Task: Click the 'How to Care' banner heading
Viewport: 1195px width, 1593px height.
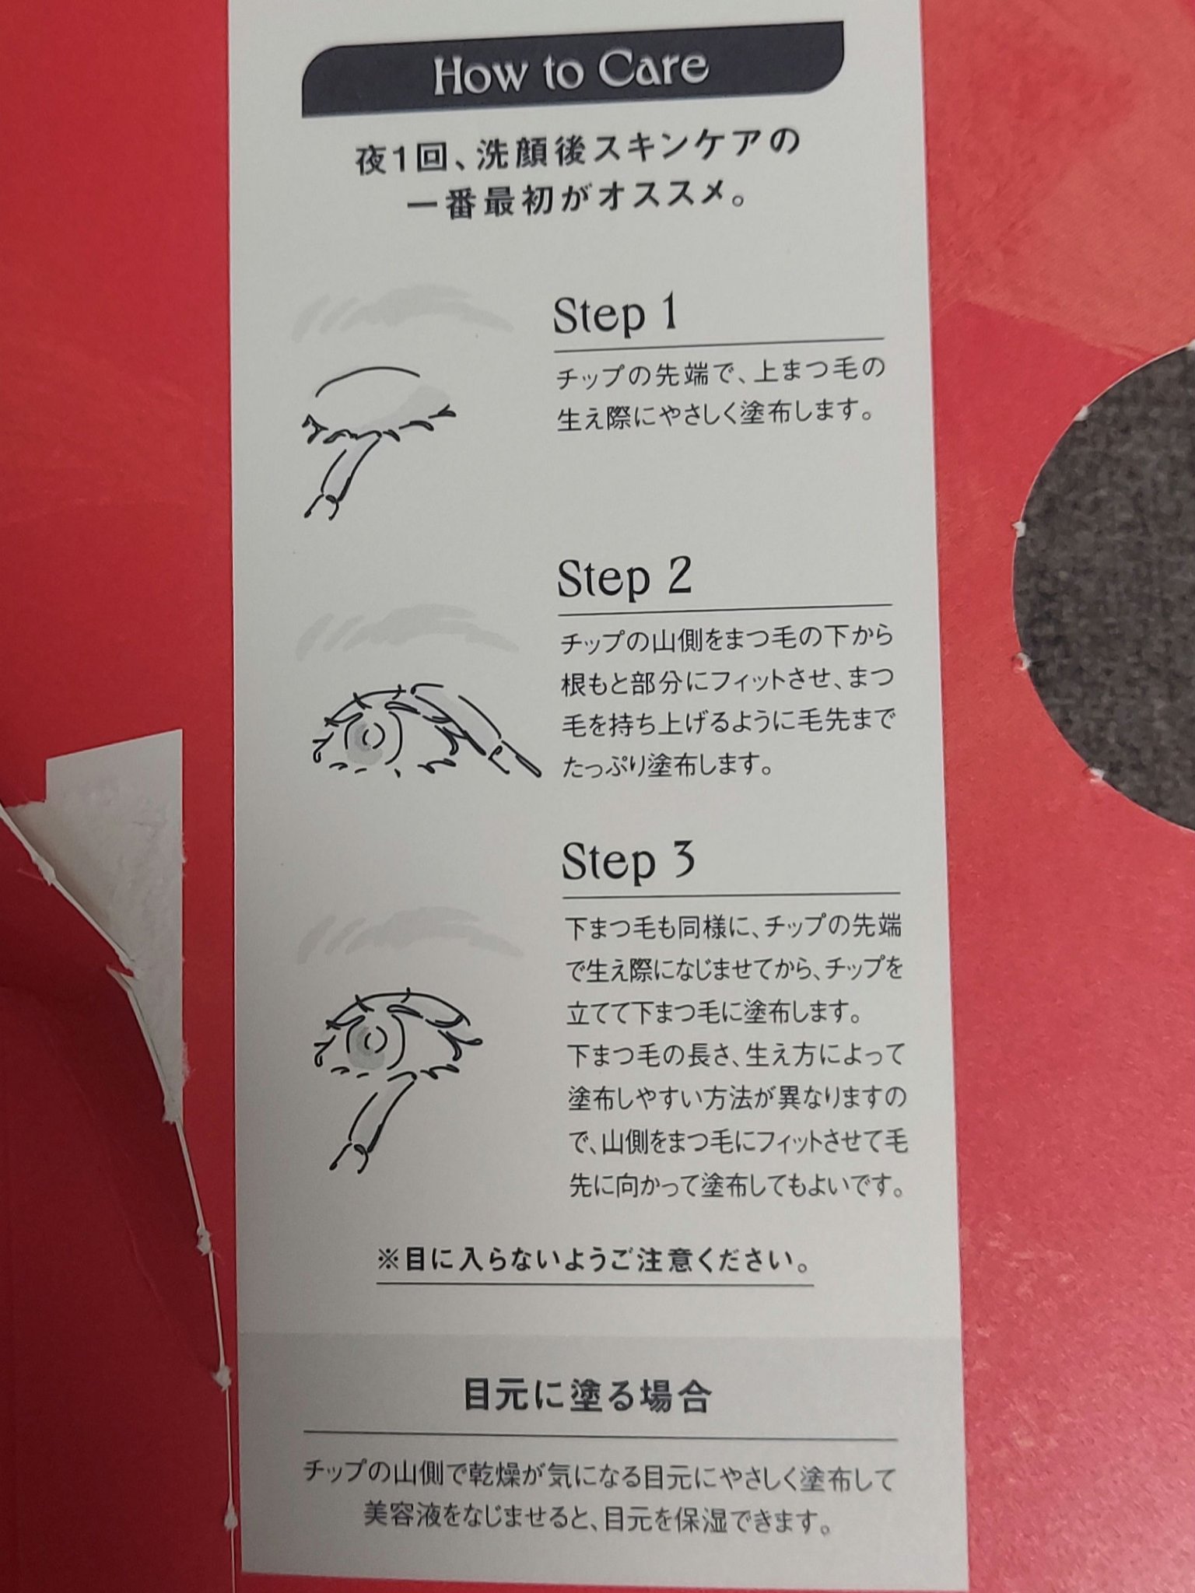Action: click(570, 72)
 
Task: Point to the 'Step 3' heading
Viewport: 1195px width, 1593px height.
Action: click(627, 862)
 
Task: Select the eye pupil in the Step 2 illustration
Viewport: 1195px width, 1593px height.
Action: click(372, 735)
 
